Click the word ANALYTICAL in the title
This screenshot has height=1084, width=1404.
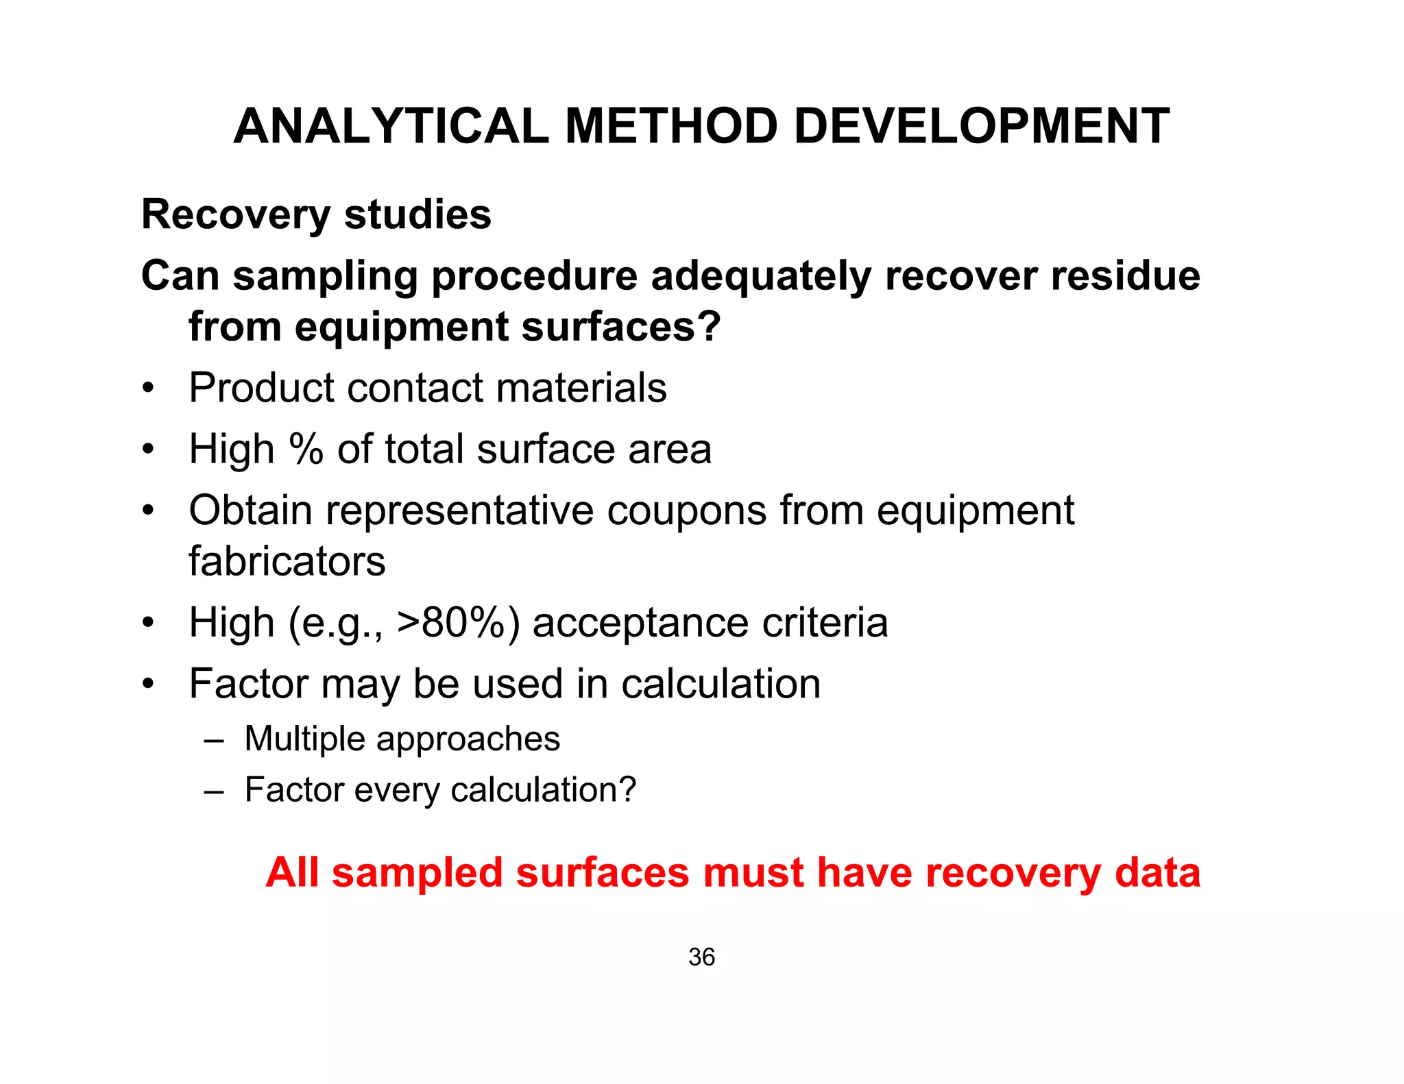point(391,127)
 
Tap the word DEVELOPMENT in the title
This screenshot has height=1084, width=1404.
point(982,127)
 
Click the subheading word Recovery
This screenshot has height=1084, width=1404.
point(236,215)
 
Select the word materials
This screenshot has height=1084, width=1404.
point(581,388)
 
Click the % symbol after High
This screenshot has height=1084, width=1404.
point(306,449)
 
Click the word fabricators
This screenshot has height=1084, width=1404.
point(287,562)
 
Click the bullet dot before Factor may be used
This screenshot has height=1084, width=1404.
point(148,685)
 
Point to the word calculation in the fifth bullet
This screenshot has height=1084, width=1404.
point(721,684)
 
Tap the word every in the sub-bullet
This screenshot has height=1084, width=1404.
point(398,790)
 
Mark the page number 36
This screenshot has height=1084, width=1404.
point(701,957)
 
